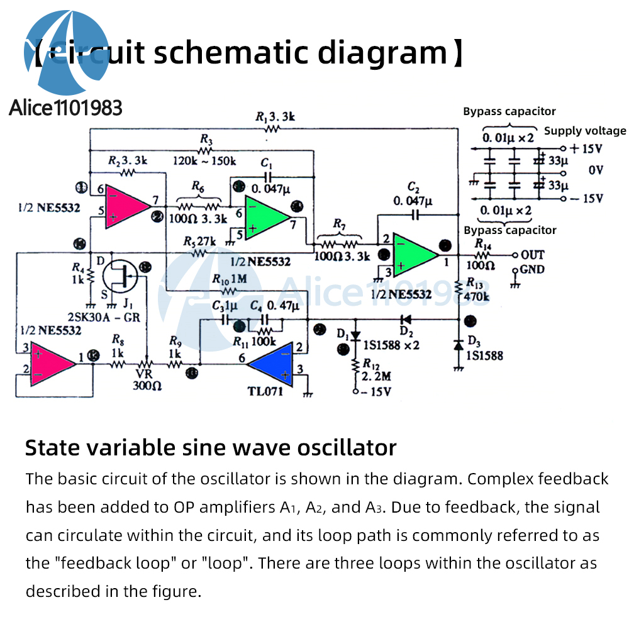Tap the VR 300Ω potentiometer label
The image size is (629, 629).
[x=145, y=379]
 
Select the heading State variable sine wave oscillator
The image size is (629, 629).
[x=211, y=448]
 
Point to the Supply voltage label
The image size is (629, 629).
[x=585, y=131]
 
